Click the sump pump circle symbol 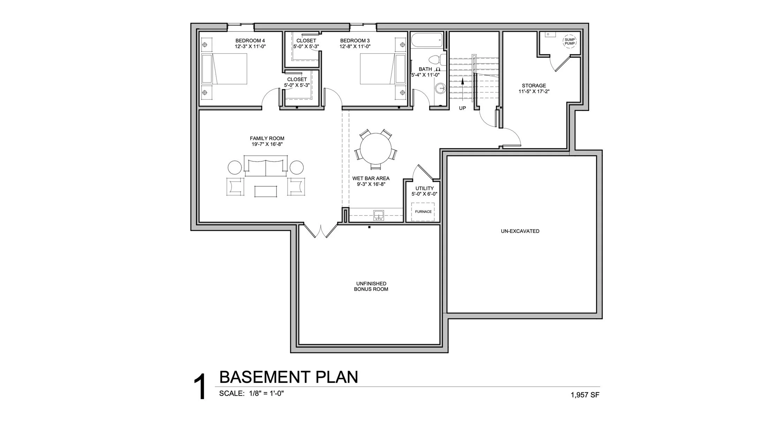(569, 42)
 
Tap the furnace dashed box (423, 212)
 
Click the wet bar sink (378, 215)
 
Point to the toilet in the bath (437, 60)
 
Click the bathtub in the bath (427, 40)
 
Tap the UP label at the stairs (462, 108)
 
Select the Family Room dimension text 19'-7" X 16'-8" (267, 144)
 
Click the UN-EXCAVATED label (520, 231)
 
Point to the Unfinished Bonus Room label (371, 286)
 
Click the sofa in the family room (266, 166)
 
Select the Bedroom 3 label (355, 41)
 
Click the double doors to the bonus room (320, 231)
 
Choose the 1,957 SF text (585, 395)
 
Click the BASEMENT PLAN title (288, 377)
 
